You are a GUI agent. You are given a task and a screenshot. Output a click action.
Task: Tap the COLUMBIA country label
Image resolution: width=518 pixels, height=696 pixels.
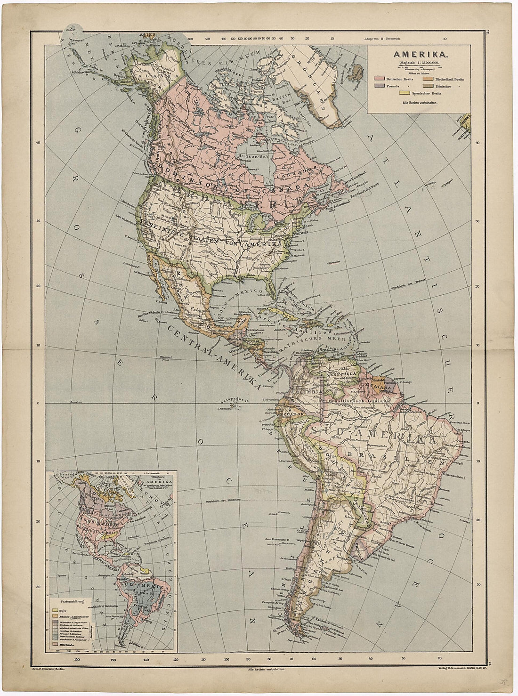(307, 392)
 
